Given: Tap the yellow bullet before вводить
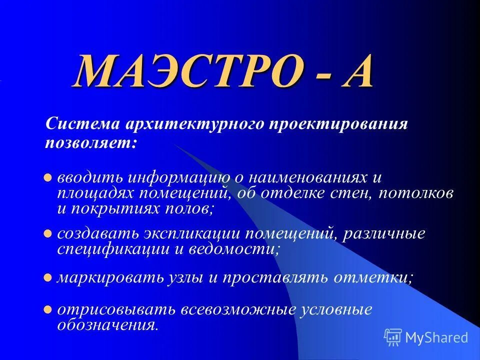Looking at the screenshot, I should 48,177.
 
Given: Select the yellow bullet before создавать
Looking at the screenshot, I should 48,233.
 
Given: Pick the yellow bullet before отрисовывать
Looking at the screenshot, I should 48,309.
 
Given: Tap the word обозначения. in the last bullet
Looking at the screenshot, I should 108,325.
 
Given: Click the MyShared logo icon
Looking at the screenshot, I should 393,337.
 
